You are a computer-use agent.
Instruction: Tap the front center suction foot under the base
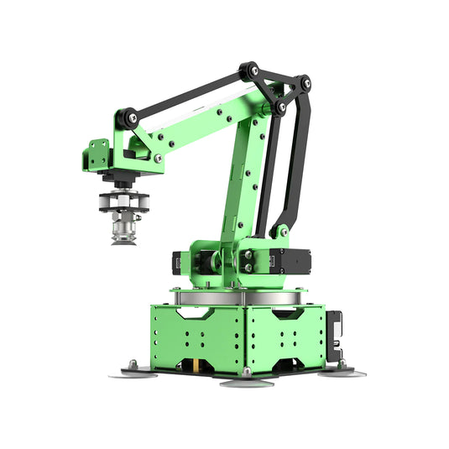(247, 382)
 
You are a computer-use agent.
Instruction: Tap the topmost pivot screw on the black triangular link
(248, 70)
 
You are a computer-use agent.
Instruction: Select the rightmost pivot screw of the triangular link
(303, 82)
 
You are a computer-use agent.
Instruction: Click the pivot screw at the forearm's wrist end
(125, 118)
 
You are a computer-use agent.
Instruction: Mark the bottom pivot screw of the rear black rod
(283, 230)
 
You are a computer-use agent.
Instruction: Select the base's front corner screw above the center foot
(246, 370)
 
